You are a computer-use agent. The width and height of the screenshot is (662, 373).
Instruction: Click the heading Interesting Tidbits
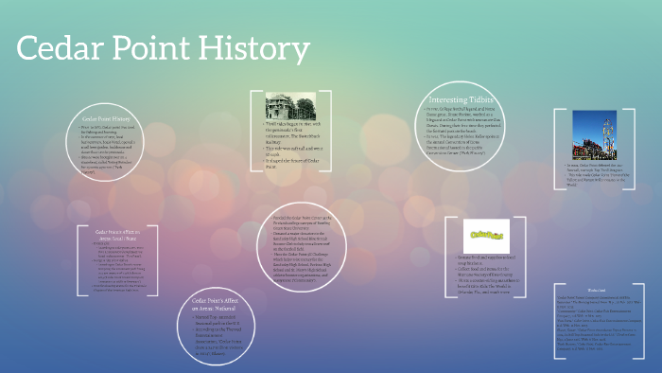pyautogui.click(x=461, y=100)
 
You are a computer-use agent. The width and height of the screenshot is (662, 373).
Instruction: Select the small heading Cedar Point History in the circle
pyautogui.click(x=106, y=118)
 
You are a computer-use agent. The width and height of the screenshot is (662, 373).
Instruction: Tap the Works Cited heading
pyautogui.click(x=595, y=290)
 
